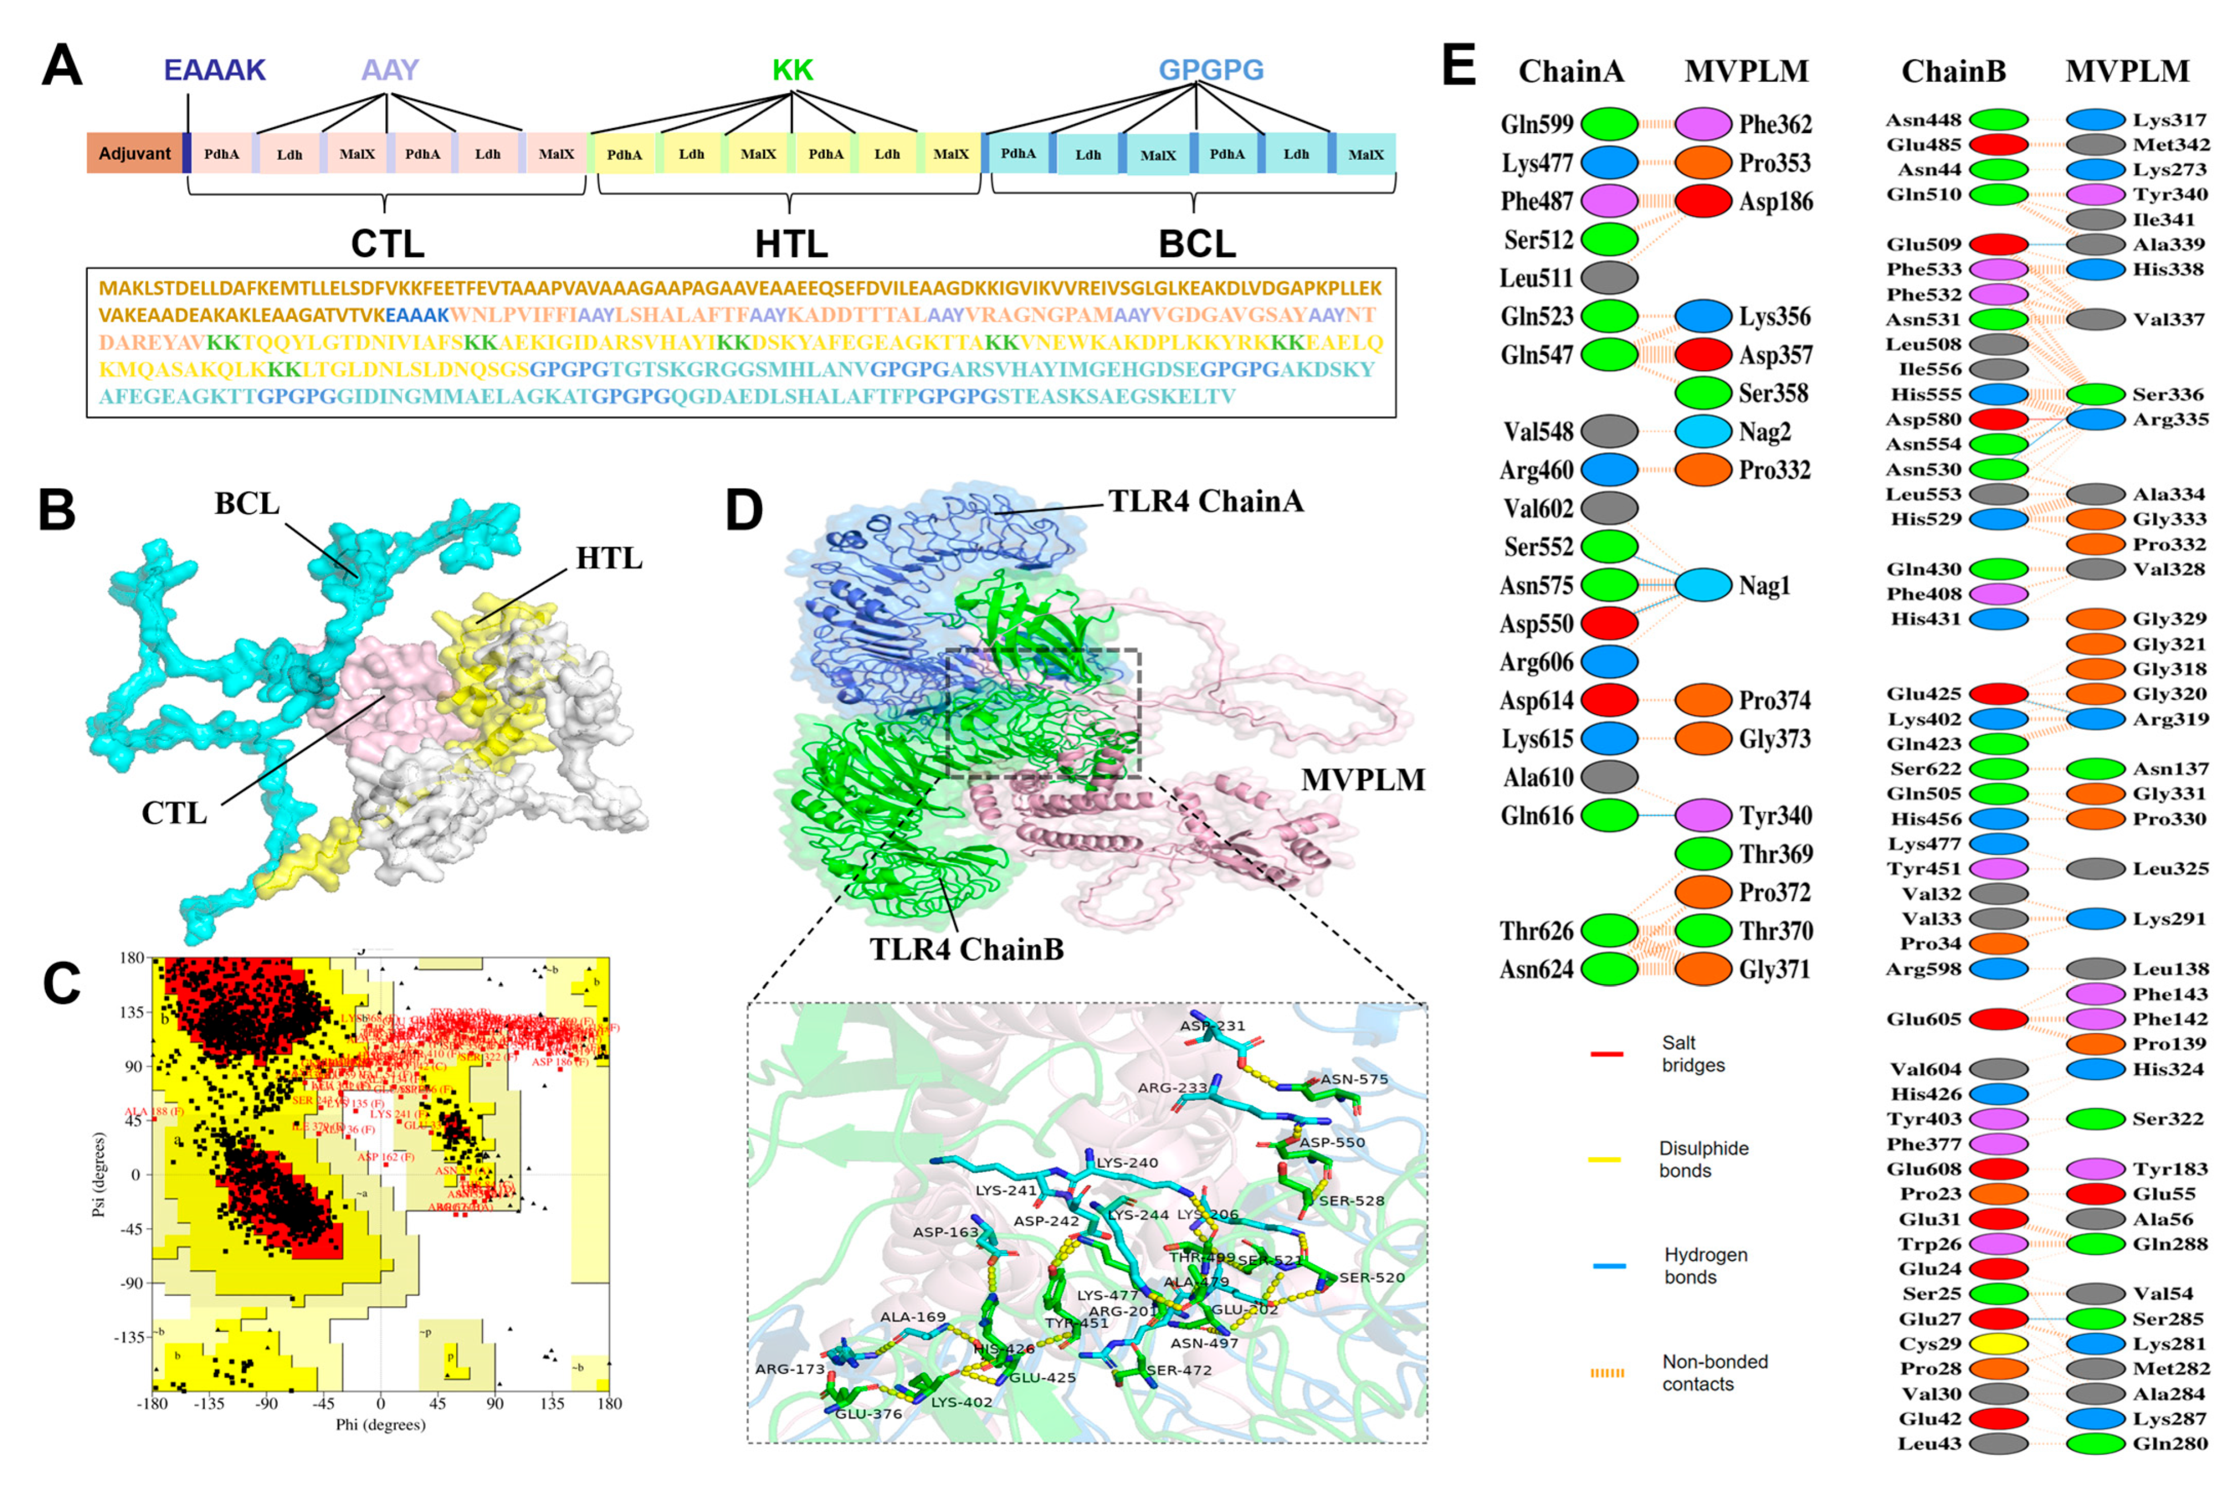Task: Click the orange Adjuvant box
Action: coord(134,154)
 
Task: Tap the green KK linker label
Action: coord(792,70)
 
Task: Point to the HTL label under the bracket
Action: coord(791,245)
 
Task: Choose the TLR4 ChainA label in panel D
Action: coord(1206,501)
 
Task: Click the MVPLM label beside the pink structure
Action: coord(1363,780)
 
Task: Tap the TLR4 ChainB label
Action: coord(967,949)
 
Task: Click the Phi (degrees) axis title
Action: coord(380,1424)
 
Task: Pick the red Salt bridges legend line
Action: coord(1606,1054)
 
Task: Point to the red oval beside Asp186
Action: coord(1703,201)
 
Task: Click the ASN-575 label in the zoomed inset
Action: coord(1354,1079)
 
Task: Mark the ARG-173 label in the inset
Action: coord(790,1370)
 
